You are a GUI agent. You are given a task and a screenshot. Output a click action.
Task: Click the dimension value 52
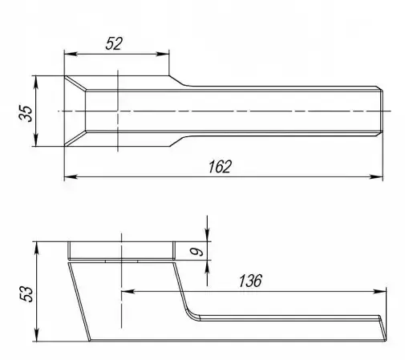point(114,43)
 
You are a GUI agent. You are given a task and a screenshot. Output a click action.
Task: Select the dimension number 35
point(26,113)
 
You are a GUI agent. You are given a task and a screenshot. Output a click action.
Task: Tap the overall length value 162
point(220,167)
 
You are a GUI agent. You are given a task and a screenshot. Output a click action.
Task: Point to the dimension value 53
point(26,294)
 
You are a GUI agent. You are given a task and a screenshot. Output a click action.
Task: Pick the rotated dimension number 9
point(196,251)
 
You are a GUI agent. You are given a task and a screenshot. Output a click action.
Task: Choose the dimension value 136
point(250,281)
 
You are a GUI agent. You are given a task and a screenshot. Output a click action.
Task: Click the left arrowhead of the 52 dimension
point(71,54)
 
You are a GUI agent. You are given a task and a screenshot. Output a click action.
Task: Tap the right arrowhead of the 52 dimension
point(163,54)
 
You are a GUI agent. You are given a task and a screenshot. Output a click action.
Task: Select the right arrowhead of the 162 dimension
point(376,176)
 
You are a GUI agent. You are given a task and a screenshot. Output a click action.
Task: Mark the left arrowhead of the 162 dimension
point(71,176)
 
